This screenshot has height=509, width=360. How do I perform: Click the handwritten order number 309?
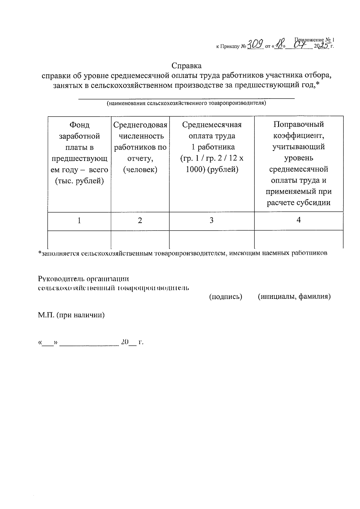256,45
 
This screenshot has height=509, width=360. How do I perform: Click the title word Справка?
187,65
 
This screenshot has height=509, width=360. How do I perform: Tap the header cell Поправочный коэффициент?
298,164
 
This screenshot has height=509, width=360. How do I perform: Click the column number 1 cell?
79,221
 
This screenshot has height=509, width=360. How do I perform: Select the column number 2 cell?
140,221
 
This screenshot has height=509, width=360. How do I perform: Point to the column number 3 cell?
212,221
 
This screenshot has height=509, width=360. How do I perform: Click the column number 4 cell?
298,220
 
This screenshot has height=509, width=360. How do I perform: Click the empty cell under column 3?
212,239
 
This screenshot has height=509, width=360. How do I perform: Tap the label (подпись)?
225,297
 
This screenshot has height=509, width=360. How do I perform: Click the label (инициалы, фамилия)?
294,297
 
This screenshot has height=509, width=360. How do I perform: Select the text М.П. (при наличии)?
71,315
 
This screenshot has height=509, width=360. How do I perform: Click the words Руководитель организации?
83,279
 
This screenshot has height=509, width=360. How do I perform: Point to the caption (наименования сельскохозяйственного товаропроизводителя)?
186,104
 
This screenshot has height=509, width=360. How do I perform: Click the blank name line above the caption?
186,97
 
